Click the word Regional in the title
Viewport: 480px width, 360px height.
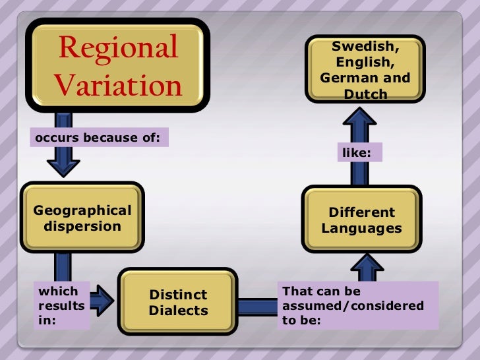[x=117, y=48]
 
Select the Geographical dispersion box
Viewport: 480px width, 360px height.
[x=82, y=218]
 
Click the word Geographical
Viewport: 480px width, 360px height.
[x=82, y=210]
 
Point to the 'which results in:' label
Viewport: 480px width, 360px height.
[x=62, y=306]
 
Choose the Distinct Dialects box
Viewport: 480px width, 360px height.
[x=178, y=302]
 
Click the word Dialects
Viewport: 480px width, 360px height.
[x=178, y=310]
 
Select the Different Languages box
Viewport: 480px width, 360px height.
[x=361, y=220]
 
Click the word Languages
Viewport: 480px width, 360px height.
[x=361, y=229]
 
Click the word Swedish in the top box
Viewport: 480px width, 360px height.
[x=365, y=48]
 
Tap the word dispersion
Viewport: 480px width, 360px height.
[x=82, y=226]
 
